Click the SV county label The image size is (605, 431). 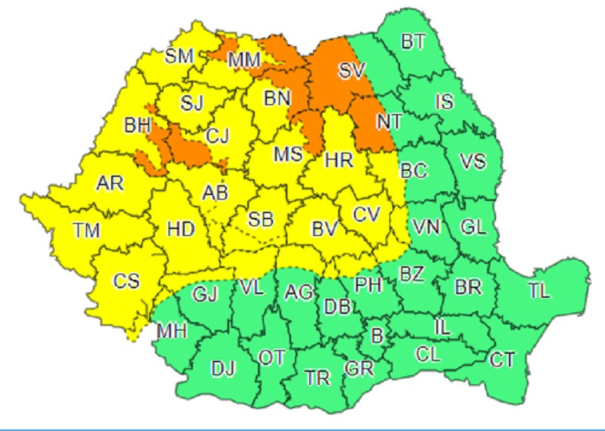(350, 72)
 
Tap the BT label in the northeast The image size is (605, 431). (412, 42)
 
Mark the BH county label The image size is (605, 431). (138, 126)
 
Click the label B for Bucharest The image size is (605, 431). (376, 333)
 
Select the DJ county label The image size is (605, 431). (223, 369)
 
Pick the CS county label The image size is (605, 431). (126, 281)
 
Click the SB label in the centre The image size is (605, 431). (261, 220)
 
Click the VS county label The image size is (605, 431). (473, 161)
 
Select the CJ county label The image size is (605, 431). (218, 136)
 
